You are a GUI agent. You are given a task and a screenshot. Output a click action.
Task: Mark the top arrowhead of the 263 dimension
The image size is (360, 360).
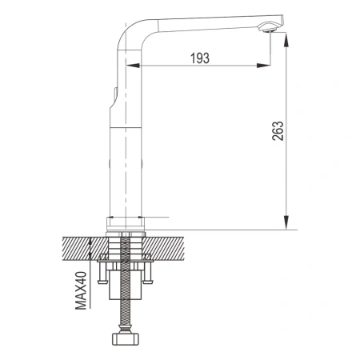point(285,45)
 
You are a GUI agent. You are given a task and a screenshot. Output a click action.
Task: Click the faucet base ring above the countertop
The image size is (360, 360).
point(126,226)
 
